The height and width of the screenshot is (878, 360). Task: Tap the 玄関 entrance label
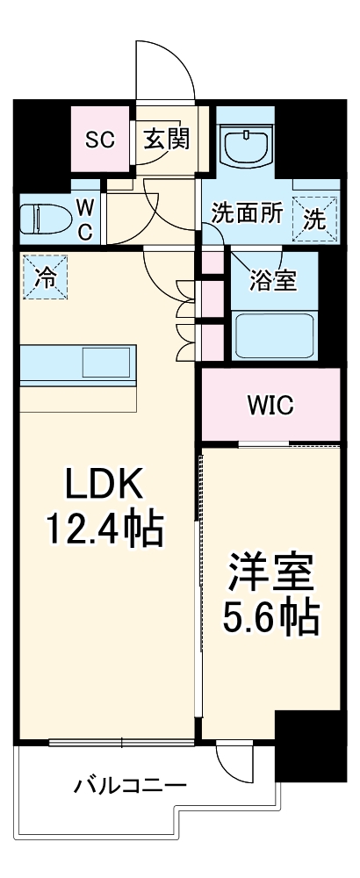click(x=168, y=138)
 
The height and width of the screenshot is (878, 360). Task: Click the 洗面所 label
click(x=247, y=214)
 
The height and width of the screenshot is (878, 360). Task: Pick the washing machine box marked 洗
click(x=314, y=216)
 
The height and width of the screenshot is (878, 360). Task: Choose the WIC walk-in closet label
click(x=270, y=406)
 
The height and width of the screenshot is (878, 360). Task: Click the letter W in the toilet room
click(x=86, y=206)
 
